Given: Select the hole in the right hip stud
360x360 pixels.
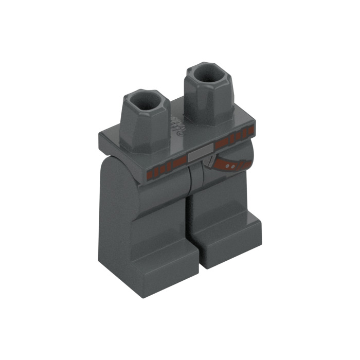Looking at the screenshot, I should [209, 74].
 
